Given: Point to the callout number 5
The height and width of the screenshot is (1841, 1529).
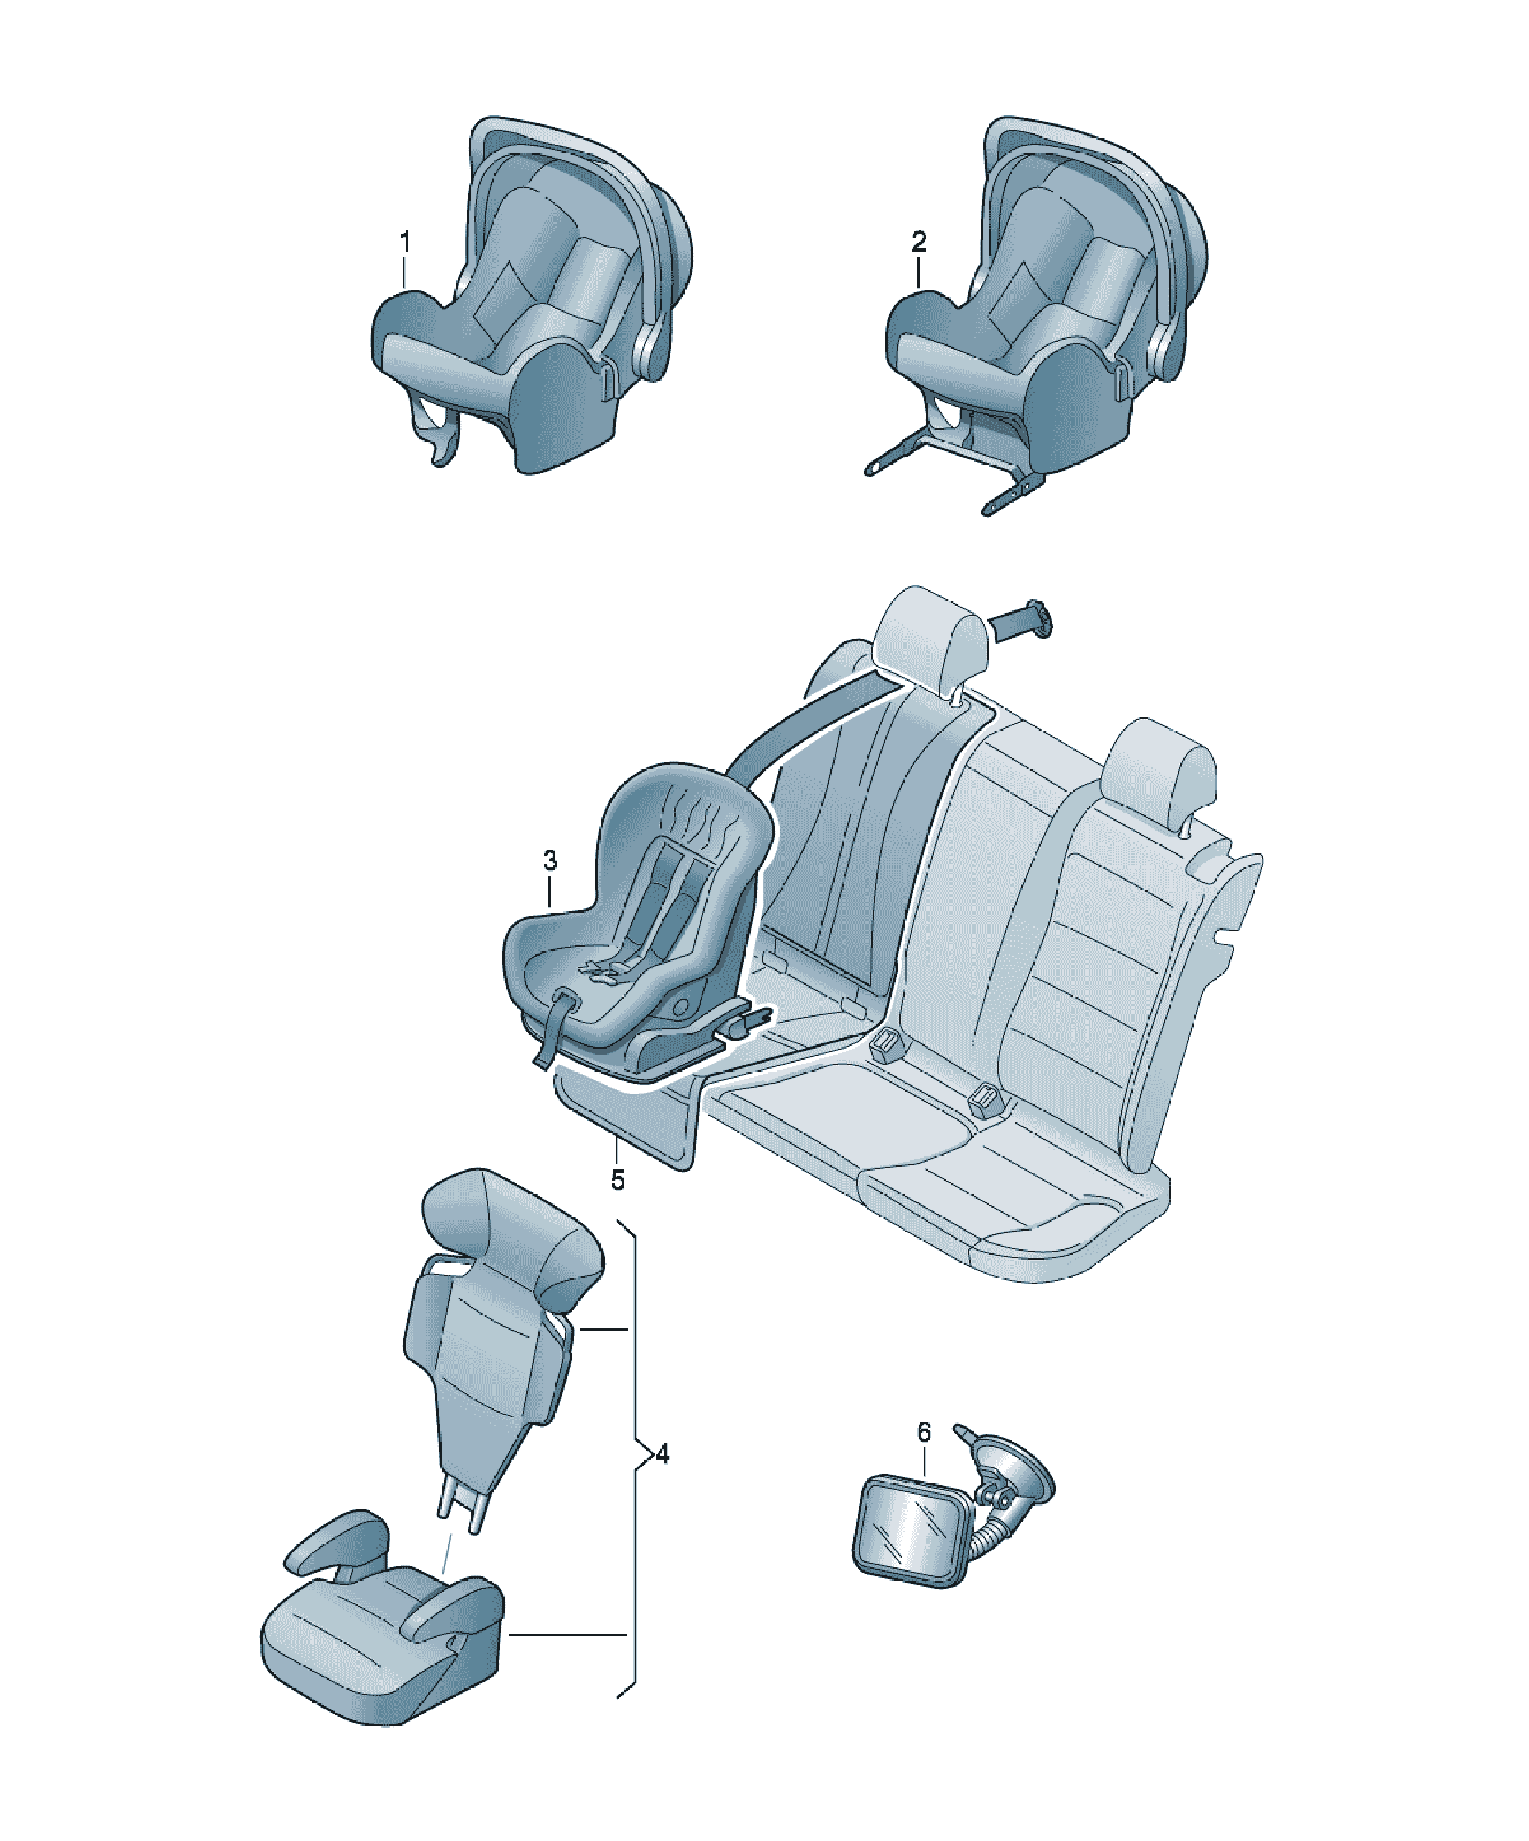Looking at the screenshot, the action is (618, 1180).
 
